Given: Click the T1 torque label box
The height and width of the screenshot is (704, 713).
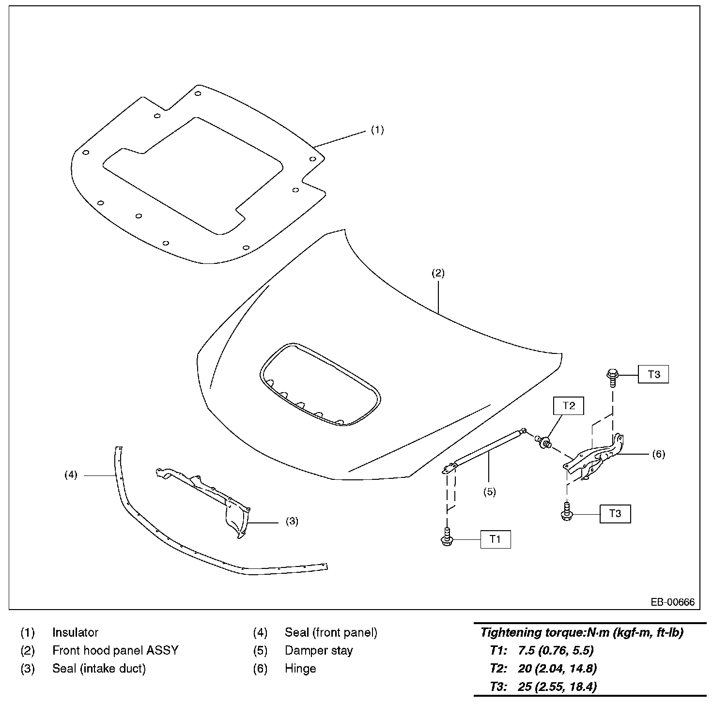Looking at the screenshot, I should tap(495, 539).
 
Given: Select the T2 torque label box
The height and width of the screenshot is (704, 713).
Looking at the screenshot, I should tap(569, 406).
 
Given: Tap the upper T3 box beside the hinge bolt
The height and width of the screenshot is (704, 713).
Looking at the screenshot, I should tap(653, 374).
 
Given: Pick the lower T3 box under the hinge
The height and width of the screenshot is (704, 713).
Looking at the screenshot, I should tap(615, 513).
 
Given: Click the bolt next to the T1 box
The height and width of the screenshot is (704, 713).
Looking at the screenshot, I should tap(447, 538).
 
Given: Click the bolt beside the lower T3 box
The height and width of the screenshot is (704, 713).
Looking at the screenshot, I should tap(566, 513).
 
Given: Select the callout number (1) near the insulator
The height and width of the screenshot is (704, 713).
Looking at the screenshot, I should tap(377, 130).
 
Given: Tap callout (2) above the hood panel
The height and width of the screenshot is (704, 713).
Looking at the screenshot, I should tap(438, 273).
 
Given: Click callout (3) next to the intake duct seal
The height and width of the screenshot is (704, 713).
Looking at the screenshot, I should tap(292, 521).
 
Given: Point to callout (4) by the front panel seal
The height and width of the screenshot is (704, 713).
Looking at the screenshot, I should tap(71, 475).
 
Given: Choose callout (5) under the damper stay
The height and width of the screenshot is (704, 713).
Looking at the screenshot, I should tap(490, 492).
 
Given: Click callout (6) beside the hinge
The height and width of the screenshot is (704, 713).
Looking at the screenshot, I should tap(658, 454).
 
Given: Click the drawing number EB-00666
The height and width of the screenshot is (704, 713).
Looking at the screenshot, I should tap(672, 602).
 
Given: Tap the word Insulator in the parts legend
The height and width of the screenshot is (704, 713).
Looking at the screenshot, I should tap(75, 632).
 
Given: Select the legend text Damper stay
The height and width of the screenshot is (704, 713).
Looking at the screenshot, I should tap(319, 650).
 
